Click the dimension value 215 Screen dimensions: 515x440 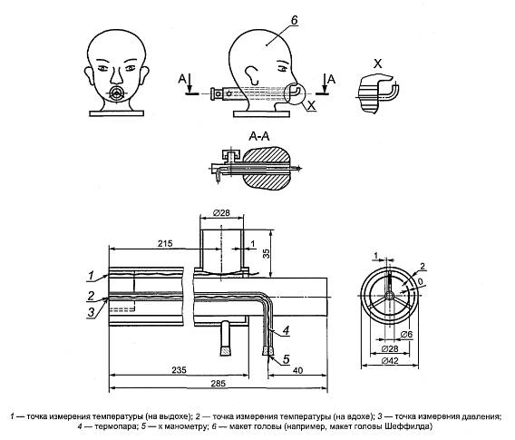(165, 243)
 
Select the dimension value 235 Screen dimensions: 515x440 (179, 370)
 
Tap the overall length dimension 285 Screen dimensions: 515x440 (219, 384)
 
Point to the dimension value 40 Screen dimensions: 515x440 (297, 370)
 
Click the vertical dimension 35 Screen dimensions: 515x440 (267, 253)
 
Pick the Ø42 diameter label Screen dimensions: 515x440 (390, 360)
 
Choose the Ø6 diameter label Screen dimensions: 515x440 (406, 335)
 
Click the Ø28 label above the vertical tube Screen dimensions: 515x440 (221, 213)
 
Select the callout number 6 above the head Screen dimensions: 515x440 (294, 20)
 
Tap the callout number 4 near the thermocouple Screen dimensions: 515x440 (287, 330)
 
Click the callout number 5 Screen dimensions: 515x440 (287, 359)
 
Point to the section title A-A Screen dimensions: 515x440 (259, 136)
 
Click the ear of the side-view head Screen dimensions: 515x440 (252, 74)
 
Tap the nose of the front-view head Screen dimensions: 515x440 (116, 76)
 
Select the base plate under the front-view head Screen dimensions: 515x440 (117, 113)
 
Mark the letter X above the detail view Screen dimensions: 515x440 (378, 64)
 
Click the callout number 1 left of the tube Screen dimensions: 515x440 (91, 276)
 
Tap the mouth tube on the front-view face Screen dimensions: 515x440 (116, 93)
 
